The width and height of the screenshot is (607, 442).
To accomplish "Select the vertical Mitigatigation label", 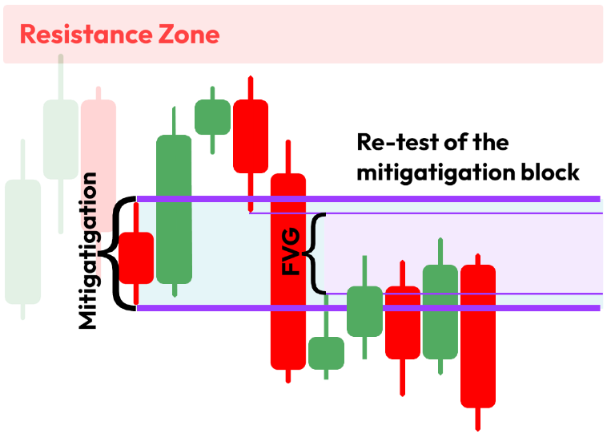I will coord(89,251).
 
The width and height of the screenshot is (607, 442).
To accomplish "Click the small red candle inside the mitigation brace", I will coord(136,257).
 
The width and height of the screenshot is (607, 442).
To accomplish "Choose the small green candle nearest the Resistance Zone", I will coord(212,117).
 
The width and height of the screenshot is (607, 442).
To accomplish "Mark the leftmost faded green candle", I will coord(22,241).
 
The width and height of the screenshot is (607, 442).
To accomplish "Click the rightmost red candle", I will coord(478,335).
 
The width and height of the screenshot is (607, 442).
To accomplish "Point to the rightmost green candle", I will coord(440,311).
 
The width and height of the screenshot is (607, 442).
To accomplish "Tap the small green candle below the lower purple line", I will coord(326,353).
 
